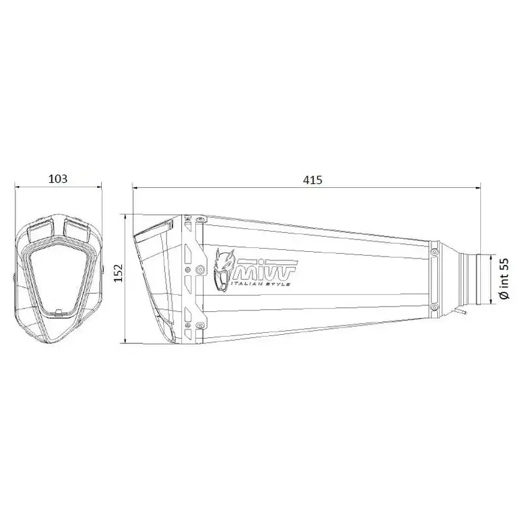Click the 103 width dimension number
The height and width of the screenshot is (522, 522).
tap(58, 179)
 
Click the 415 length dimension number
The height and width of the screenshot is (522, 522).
tap(313, 180)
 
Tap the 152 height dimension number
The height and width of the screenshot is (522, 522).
tap(119, 273)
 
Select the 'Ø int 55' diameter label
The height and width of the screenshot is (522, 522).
tap(504, 279)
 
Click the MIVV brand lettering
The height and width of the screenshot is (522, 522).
tap(266, 269)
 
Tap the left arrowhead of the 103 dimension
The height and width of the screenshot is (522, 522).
tap(18, 187)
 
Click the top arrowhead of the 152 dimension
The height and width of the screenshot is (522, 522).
tap(125, 217)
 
